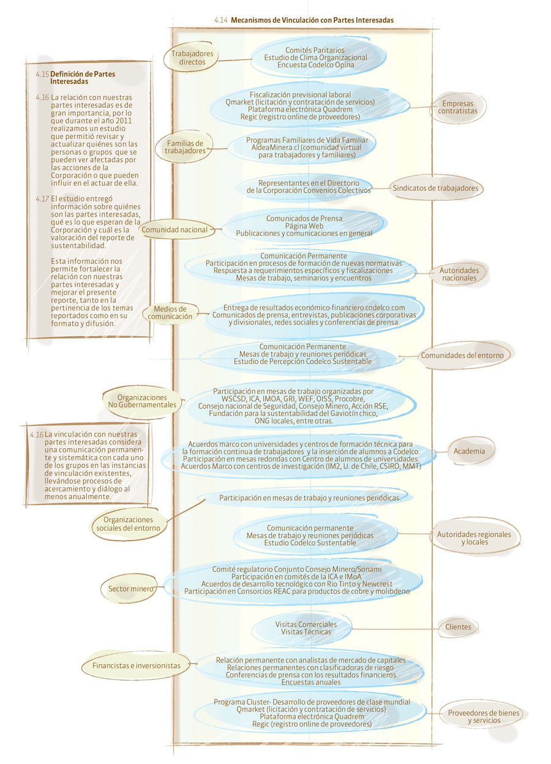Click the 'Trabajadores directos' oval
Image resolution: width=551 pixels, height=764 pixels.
[x=192, y=58]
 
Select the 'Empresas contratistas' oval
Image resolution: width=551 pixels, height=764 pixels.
[x=457, y=107]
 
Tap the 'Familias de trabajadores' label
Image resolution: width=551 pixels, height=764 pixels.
[x=185, y=147]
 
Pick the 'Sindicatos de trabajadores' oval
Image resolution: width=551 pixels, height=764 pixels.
[x=435, y=188]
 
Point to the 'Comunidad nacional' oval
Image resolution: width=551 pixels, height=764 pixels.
[x=174, y=230]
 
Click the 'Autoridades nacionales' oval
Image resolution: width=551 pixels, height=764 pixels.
[x=459, y=274]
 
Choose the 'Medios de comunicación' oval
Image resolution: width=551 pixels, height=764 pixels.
[x=170, y=313]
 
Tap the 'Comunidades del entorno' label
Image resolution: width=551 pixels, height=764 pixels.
[x=462, y=356]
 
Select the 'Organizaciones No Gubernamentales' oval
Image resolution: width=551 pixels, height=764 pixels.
[x=142, y=402]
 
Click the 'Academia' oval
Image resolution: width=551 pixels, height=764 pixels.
[x=469, y=451]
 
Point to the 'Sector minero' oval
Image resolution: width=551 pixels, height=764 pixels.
[x=130, y=588]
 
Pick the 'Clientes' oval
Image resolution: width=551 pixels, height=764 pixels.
[x=458, y=626]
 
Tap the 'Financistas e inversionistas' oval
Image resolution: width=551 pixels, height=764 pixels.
[x=136, y=665]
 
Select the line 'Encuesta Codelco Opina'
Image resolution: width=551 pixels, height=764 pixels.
[x=315, y=65]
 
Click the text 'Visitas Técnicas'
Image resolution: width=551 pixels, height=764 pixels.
[x=306, y=632]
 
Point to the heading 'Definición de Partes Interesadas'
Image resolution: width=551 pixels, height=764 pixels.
[x=83, y=77]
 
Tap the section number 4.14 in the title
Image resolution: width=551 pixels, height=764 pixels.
[x=221, y=20]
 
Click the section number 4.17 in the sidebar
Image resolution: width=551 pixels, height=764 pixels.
[x=42, y=198]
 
